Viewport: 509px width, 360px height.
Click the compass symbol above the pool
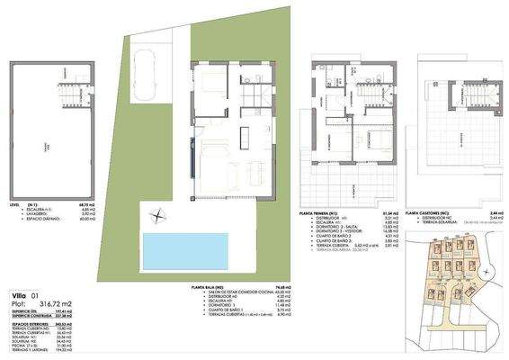[x=158, y=215]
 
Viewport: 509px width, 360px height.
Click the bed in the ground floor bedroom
[x=217, y=85]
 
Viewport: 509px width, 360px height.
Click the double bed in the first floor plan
[x=379, y=139]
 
